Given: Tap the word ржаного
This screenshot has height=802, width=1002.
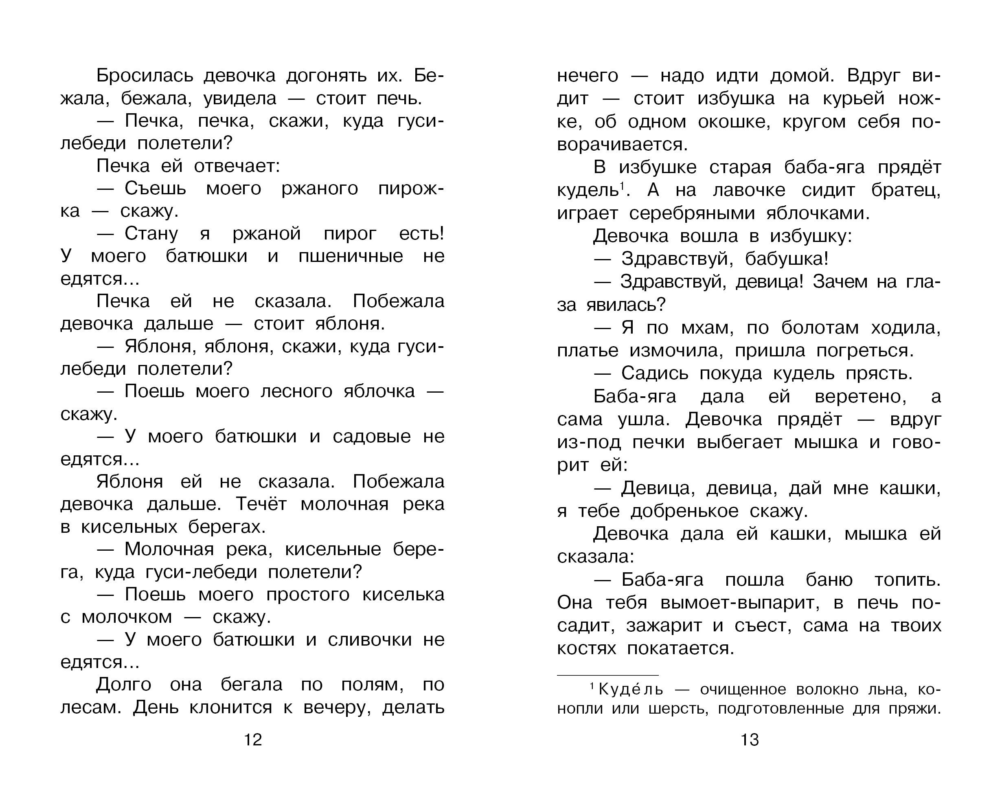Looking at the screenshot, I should click(320, 189).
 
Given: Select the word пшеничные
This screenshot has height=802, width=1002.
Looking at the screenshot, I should click(351, 256).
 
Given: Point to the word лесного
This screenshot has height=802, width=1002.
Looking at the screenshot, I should click(296, 391).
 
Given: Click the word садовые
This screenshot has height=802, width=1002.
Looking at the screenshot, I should click(372, 437).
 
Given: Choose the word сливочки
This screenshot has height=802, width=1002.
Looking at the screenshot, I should click(370, 640).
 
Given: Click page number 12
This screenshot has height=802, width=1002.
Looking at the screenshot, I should click(253, 740).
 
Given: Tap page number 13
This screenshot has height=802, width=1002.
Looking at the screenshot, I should click(750, 740).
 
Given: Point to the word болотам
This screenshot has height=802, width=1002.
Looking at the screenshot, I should click(820, 328).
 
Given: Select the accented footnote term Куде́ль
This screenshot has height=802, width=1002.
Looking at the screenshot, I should click(631, 690).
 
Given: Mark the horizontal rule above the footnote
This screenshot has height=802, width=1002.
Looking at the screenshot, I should click(607, 675).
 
